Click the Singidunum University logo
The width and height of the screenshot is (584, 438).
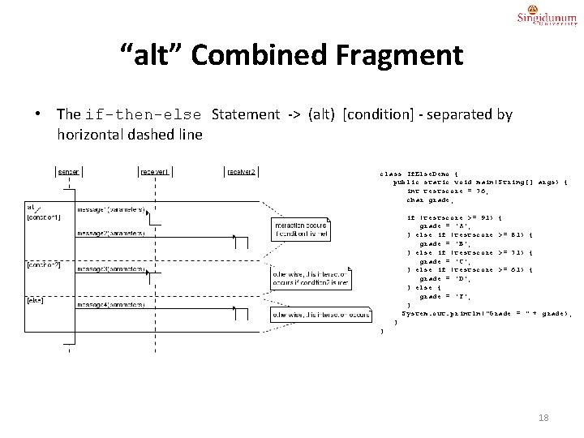(547, 18)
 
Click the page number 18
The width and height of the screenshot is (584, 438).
(543, 418)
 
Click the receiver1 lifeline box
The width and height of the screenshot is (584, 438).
(155, 171)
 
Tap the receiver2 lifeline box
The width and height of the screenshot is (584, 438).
(242, 171)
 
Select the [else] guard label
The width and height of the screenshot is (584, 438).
(36, 300)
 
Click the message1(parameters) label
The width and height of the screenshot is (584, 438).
(111, 209)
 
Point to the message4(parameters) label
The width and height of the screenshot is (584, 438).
(111, 305)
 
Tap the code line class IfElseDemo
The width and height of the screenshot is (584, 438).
(421, 174)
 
